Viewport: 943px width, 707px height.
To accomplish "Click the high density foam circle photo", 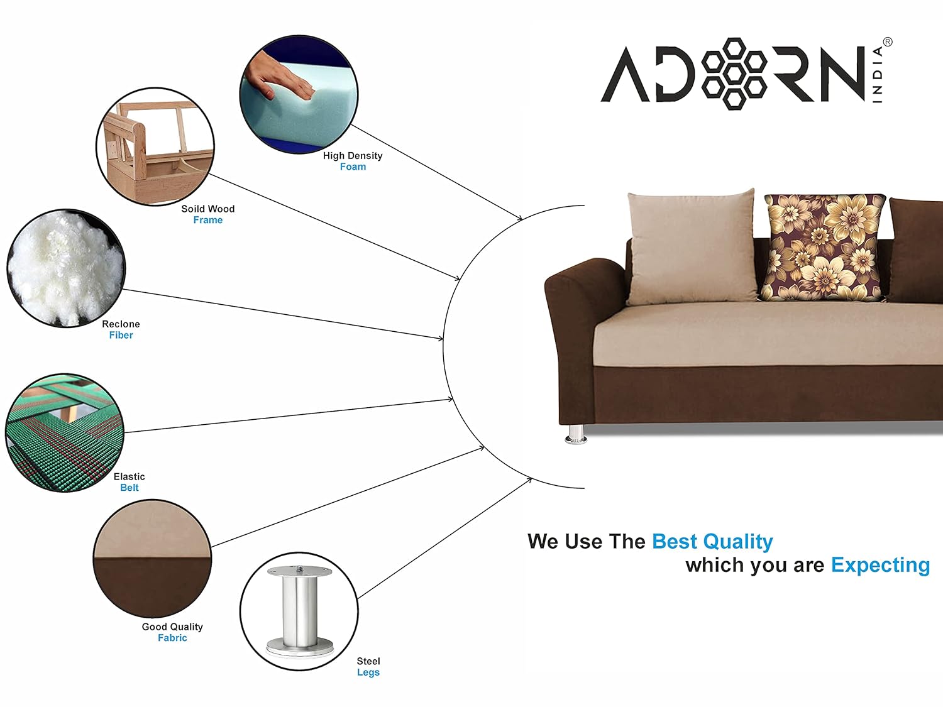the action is click(x=299, y=94).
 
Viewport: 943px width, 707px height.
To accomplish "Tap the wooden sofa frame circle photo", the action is click(x=155, y=146).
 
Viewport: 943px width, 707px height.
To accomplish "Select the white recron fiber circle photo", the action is click(x=66, y=268).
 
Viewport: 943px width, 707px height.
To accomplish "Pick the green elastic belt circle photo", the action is click(x=65, y=433).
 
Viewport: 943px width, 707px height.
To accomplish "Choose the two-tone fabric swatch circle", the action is click(x=153, y=559).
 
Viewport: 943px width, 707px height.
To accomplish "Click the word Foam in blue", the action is click(x=353, y=167).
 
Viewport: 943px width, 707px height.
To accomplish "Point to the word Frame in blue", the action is click(x=208, y=220).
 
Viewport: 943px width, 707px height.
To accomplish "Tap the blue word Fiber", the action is click(x=121, y=335).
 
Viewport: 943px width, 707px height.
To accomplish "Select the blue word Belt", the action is click(x=130, y=488).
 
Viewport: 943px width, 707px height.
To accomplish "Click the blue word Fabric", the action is click(x=172, y=638).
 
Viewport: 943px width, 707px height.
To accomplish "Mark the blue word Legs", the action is click(x=368, y=672).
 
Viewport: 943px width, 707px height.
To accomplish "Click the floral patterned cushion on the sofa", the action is click(x=824, y=248).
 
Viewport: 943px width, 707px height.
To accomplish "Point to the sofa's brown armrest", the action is click(x=580, y=326).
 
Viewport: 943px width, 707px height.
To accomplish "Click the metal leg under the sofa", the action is click(x=576, y=434).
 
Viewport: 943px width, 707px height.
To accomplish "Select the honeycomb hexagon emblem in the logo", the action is click(x=734, y=74).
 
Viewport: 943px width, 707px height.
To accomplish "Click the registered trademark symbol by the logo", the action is click(x=888, y=42).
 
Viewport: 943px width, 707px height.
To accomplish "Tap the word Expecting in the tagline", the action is click(x=881, y=566).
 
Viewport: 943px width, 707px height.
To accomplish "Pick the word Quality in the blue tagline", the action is click(x=737, y=542).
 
